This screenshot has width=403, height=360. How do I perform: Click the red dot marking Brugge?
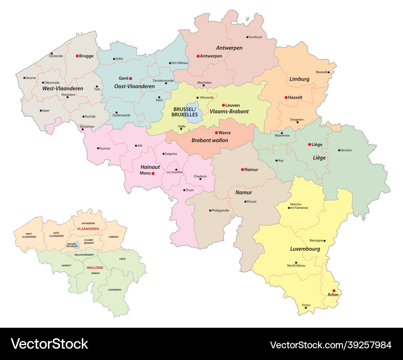(77, 56)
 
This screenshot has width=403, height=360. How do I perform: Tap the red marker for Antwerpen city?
(198, 56)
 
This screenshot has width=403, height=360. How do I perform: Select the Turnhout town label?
(255, 37)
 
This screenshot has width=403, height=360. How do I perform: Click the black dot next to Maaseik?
(329, 73)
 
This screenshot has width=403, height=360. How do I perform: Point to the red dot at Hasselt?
(285, 97)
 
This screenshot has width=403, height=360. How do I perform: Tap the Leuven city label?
(233, 105)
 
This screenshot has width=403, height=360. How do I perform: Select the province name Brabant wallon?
(210, 140)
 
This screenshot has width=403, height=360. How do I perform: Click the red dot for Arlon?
(334, 291)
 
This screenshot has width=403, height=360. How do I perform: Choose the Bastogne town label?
(316, 240)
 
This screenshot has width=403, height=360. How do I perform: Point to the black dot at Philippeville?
(210, 210)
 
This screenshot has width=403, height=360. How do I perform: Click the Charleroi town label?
(200, 176)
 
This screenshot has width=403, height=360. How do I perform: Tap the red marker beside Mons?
(153, 173)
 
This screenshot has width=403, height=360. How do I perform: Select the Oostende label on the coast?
(56, 56)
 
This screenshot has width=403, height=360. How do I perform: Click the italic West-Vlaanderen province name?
(62, 88)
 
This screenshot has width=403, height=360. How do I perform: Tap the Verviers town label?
(346, 150)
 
